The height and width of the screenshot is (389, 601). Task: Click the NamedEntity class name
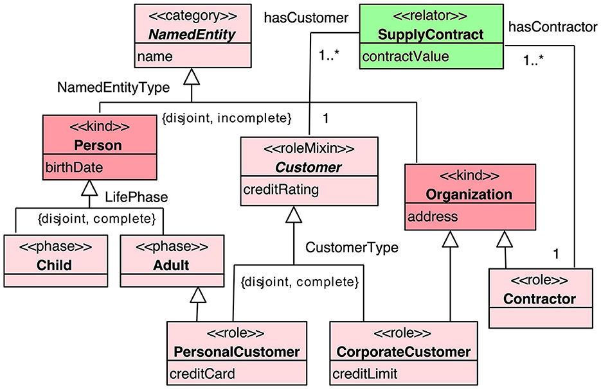tap(192, 33)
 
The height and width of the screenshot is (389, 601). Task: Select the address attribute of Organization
tap(433, 216)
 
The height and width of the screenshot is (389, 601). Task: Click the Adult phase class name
tap(171, 264)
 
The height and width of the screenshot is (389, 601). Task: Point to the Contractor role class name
tap(539, 298)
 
